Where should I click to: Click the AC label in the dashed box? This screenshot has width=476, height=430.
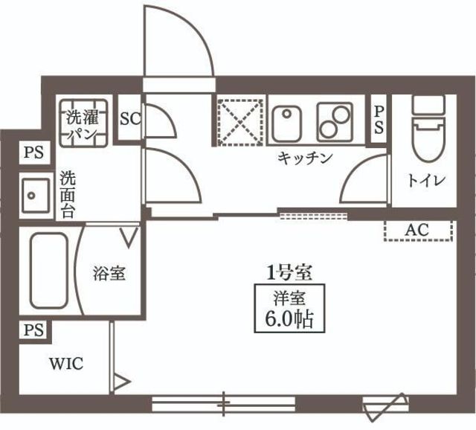(x=416, y=230)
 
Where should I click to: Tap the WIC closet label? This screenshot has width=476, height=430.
(x=66, y=364)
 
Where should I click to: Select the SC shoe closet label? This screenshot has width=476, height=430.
(x=130, y=119)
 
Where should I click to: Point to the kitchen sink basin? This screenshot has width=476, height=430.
(x=286, y=124)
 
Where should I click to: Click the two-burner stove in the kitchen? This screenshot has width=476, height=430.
(x=335, y=123)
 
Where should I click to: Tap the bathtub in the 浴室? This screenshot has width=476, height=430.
(x=48, y=271)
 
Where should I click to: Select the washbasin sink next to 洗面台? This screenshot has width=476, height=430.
(x=35, y=196)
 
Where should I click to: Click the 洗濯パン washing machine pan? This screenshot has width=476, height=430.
(x=83, y=123)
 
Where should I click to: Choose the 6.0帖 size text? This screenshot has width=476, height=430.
(x=289, y=319)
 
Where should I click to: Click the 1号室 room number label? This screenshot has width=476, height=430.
(x=289, y=273)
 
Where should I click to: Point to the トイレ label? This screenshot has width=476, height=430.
(x=426, y=180)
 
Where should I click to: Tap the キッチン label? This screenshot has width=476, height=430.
(x=305, y=158)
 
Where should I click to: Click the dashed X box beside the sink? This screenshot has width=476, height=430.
(x=240, y=121)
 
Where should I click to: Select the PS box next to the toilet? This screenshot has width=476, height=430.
(x=379, y=119)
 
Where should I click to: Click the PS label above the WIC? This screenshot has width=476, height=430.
(x=33, y=330)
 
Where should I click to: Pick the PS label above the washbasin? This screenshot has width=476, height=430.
(x=33, y=153)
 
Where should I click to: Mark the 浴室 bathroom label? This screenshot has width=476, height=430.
(x=109, y=273)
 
